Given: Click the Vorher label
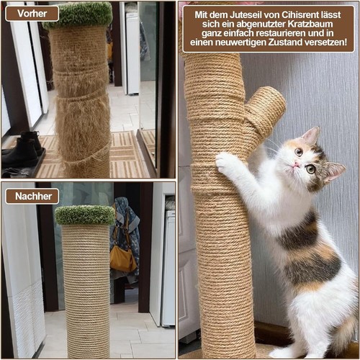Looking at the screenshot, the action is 32,14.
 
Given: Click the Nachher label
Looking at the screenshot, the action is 32,197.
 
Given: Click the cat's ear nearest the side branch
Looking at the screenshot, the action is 311,135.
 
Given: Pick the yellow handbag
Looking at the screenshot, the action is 123,259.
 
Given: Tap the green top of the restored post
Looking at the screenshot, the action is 85,215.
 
